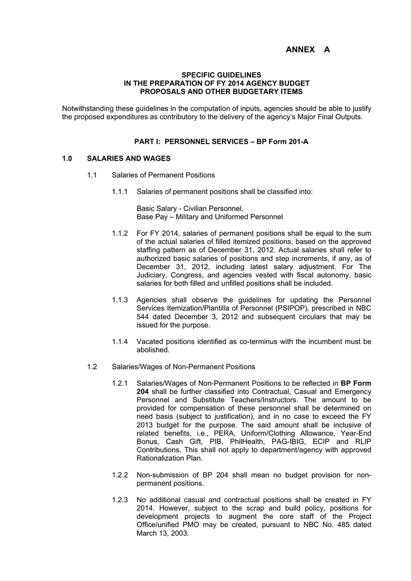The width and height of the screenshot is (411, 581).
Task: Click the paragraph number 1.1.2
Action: click(120, 233)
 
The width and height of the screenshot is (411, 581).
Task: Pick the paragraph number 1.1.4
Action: click(120, 342)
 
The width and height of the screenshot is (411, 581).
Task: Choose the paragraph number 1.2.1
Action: click(120, 383)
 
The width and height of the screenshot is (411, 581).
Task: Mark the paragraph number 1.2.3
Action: click(120, 500)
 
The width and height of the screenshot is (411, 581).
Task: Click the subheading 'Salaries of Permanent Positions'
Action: click(163, 175)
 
